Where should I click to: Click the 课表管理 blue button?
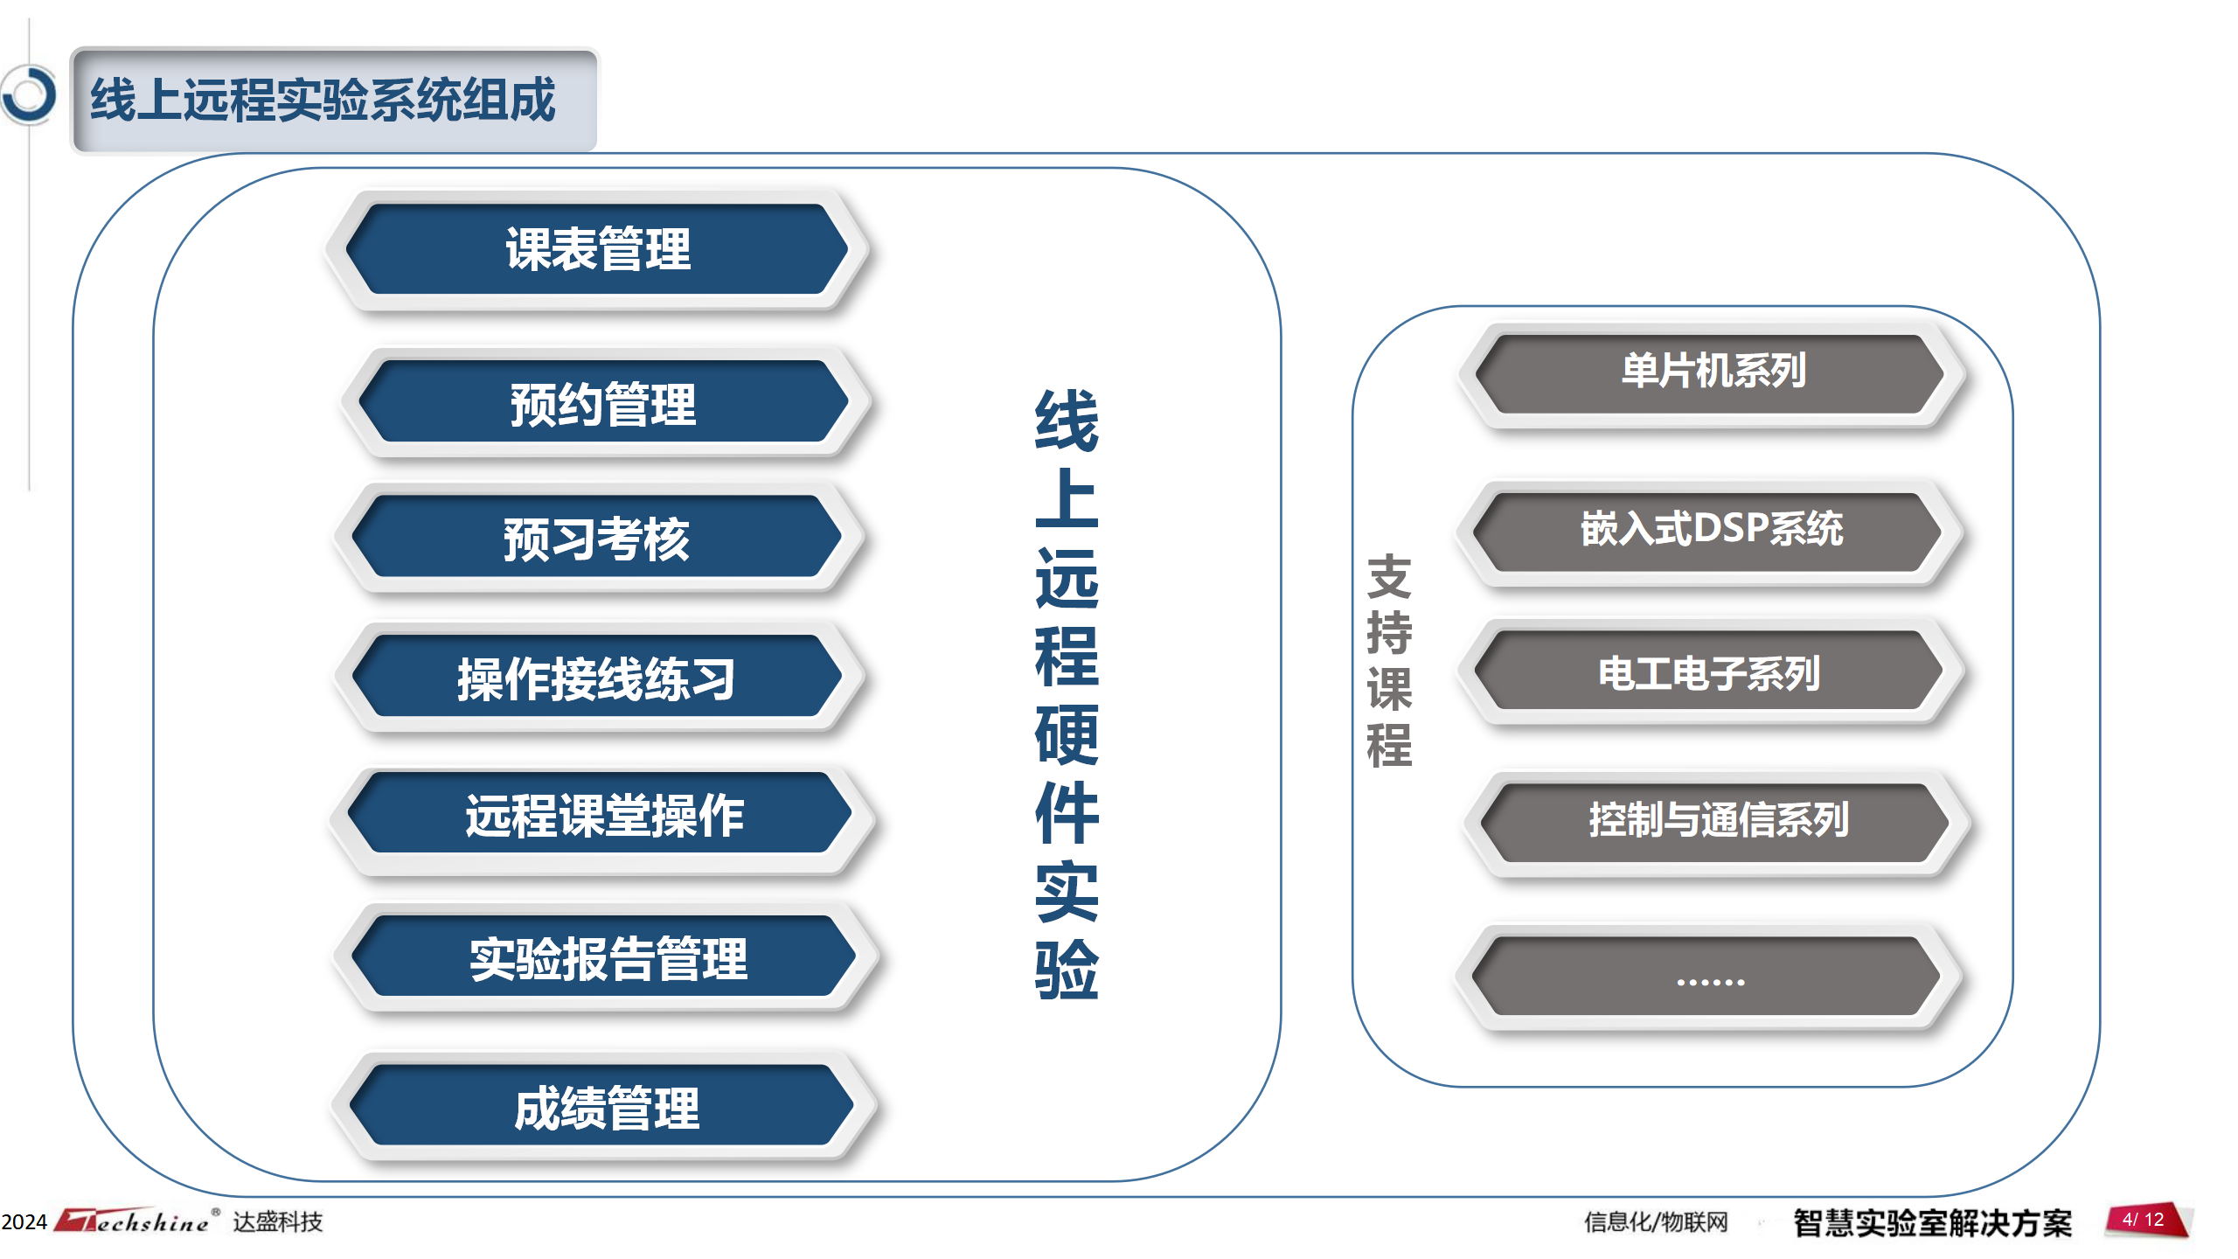pos(598,249)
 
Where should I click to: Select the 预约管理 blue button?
pos(603,402)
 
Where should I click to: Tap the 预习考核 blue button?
pos(597,537)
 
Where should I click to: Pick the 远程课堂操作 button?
pos(601,813)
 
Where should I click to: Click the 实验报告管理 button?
pos(604,956)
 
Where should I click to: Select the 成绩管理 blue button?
pos(602,1105)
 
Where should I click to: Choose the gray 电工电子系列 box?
pos(1709,671)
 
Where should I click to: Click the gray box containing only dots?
pos(1707,976)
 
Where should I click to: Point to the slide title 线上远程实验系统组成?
pos(323,99)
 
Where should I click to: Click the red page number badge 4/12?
pos(2146,1220)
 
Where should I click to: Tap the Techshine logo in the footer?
pos(136,1220)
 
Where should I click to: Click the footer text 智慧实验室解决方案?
pos(1932,1222)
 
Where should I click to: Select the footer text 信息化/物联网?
pos(1656,1221)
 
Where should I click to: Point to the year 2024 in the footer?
pos(24,1221)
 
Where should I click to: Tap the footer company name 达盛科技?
pos(278,1221)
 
